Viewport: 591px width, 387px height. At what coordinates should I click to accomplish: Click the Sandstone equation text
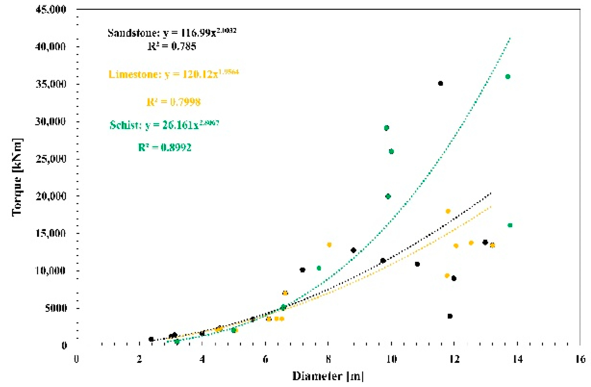[172, 33]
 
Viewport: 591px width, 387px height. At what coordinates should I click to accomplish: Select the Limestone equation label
[173, 74]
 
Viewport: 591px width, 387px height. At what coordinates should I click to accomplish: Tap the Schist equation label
[164, 125]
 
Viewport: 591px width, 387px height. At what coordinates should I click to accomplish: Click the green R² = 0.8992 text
[165, 147]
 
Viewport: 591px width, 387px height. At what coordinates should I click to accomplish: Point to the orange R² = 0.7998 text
[174, 102]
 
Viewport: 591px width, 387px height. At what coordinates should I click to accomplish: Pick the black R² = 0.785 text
[172, 46]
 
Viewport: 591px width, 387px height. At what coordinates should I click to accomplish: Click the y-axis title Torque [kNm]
[17, 177]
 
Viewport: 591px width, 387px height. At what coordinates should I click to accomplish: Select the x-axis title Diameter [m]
[327, 376]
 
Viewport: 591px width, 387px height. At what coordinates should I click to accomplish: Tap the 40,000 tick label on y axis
[51, 46]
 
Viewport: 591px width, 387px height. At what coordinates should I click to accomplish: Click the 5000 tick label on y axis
[56, 308]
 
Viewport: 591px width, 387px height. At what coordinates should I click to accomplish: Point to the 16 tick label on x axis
[580, 359]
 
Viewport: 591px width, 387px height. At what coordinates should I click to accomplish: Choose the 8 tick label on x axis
[328, 359]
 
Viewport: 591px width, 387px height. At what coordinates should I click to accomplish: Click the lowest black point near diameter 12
[450, 316]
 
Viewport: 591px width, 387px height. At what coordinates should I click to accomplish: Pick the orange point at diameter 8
[329, 245]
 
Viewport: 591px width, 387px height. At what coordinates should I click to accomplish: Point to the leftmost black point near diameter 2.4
[151, 339]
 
